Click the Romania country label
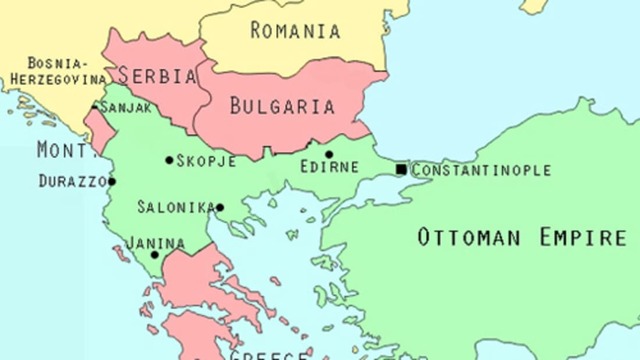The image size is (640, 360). pos(295,30)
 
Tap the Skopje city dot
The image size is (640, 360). pos(169,160)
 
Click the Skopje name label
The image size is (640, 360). pos(207,160)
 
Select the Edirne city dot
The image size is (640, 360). pos(328,155)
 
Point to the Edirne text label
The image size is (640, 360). pos(331,170)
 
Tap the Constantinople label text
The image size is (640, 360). pos(481,170)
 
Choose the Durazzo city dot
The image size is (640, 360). pos(112,182)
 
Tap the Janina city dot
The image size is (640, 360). pos(155,255)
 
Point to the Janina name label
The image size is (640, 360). pos(155,242)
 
